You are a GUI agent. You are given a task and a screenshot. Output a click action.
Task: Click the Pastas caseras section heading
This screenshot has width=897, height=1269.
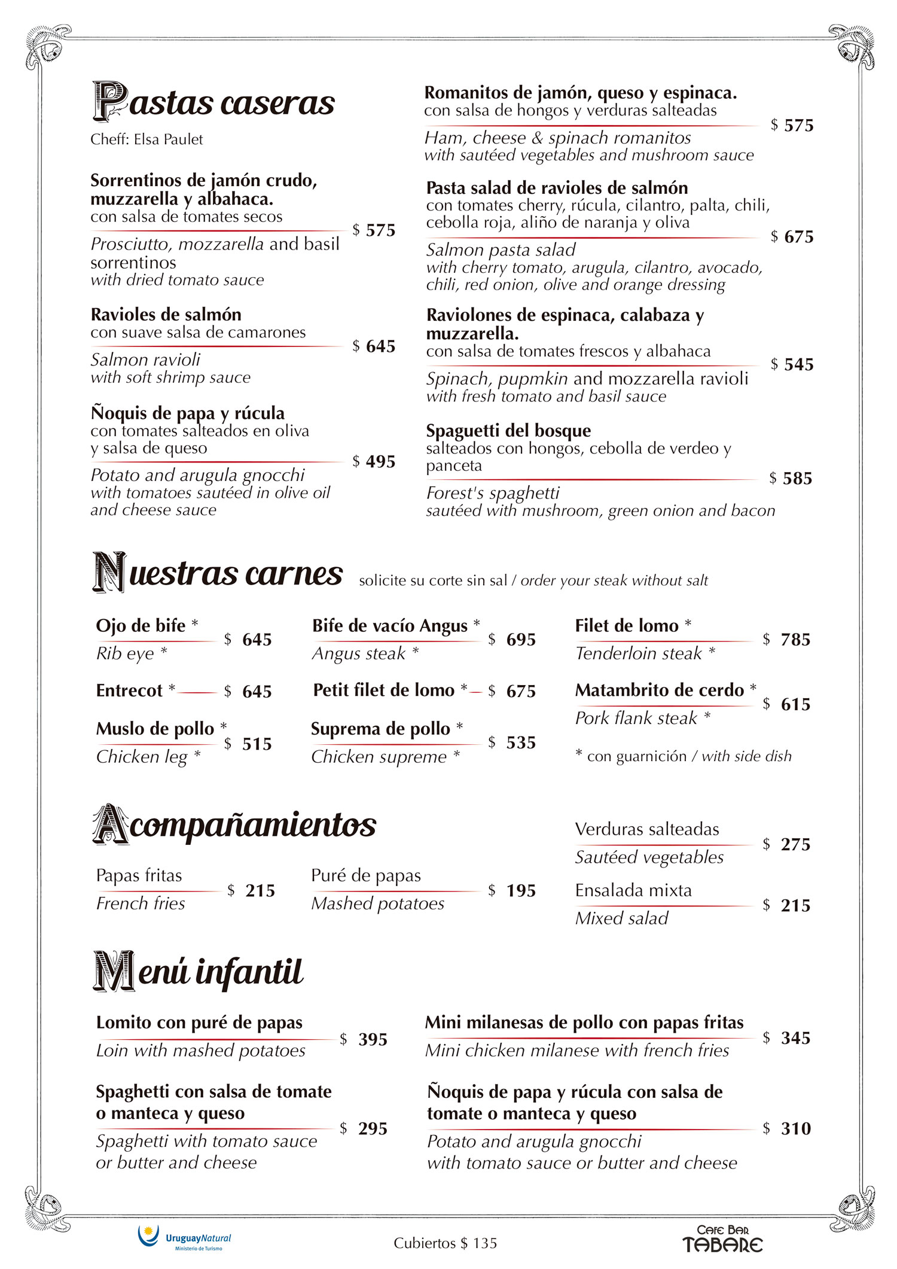(213, 102)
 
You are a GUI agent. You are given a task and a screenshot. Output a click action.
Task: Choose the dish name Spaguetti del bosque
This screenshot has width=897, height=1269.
(508, 431)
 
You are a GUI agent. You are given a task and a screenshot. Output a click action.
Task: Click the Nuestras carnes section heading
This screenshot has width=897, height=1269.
(218, 573)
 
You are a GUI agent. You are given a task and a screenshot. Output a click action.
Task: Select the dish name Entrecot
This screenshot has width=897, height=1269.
(129, 690)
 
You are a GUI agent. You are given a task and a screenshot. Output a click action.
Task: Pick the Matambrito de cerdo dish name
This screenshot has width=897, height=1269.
(659, 690)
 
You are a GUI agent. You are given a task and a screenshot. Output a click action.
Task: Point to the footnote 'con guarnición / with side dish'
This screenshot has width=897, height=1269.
(684, 756)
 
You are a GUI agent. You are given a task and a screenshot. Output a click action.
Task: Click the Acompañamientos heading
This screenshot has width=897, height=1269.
(234, 825)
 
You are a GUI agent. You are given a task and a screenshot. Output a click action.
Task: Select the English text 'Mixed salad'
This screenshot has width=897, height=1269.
(621, 918)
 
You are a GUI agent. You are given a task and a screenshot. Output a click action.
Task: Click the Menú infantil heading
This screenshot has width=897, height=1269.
(199, 972)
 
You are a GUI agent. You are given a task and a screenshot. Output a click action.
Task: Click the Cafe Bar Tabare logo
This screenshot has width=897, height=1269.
(722, 1238)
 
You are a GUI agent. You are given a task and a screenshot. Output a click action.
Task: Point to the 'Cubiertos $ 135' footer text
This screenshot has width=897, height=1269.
(445, 1243)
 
